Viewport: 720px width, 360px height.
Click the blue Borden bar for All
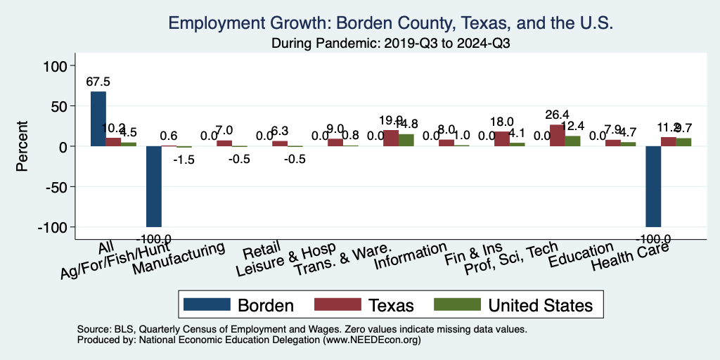(98, 119)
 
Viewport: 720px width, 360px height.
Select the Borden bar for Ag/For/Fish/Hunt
(153, 186)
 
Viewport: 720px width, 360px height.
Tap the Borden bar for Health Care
(653, 186)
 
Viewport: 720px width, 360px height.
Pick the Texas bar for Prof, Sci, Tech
(557, 136)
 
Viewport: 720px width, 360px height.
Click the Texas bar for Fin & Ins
(502, 139)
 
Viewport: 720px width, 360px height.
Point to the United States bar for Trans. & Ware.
(406, 140)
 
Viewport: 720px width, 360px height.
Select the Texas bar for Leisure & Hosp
(335, 143)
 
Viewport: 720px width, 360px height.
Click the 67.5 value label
(98, 82)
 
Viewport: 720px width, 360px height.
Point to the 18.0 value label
(502, 122)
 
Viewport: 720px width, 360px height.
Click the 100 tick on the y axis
(56, 66)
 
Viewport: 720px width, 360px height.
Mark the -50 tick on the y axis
(56, 187)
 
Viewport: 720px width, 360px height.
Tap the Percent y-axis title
(22, 146)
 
